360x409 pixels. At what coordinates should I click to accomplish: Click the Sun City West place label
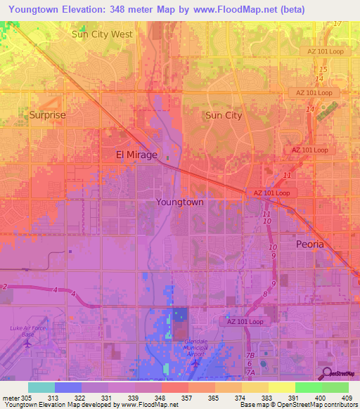pyautogui.click(x=102, y=34)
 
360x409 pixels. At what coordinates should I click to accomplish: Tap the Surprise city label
pyautogui.click(x=47, y=115)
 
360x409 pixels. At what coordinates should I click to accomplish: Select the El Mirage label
pyautogui.click(x=136, y=155)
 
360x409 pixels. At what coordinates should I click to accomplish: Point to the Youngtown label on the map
pyautogui.click(x=179, y=202)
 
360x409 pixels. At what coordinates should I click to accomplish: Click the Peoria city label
pyautogui.click(x=309, y=244)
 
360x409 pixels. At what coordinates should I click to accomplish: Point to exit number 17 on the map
pyautogui.click(x=337, y=24)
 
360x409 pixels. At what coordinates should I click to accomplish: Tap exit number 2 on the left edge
pyautogui.click(x=4, y=287)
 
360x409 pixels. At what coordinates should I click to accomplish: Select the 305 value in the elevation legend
pyautogui.click(x=27, y=397)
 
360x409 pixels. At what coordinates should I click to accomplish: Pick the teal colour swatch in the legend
pyautogui.click(x=41, y=387)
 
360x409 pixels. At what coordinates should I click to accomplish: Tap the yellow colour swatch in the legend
pyautogui.click(x=281, y=387)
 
